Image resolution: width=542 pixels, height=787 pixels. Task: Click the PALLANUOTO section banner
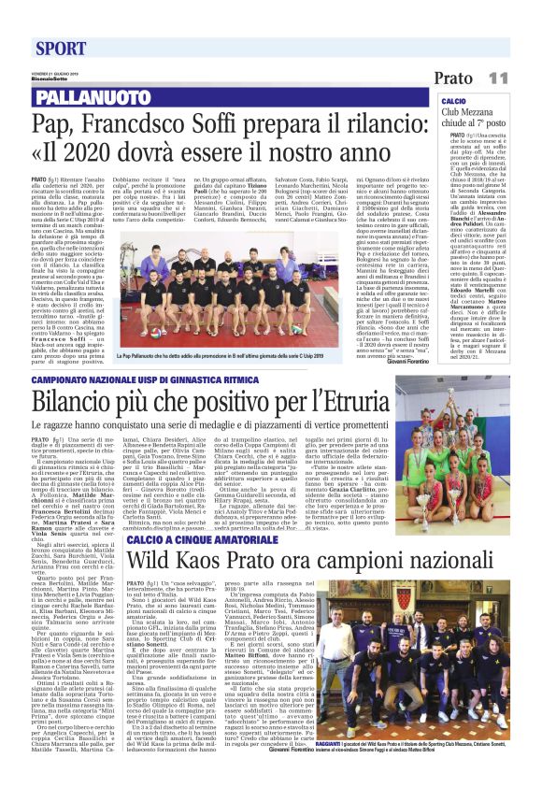(89, 96)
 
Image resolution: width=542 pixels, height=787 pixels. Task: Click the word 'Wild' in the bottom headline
(150, 562)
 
